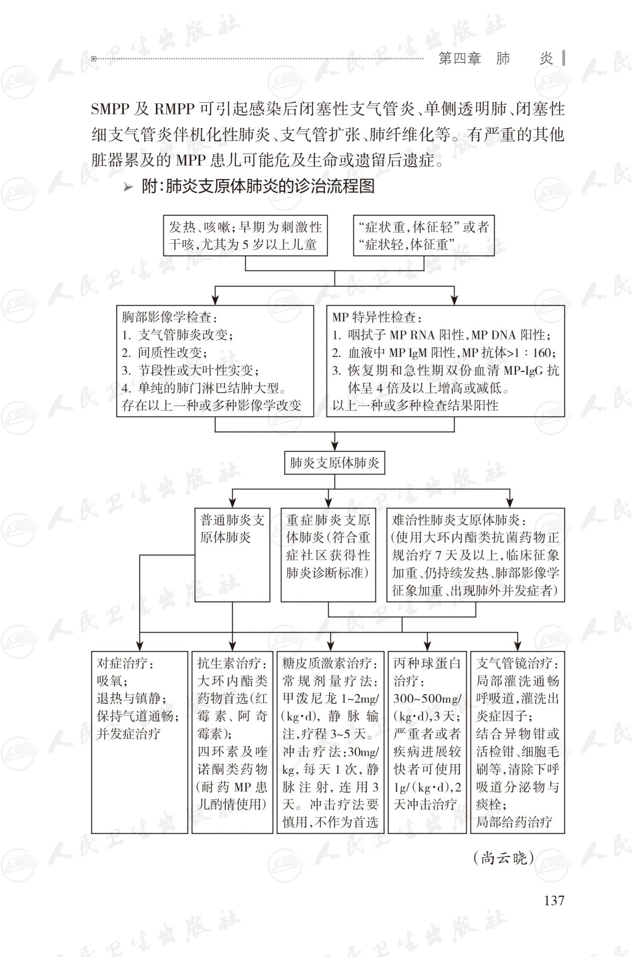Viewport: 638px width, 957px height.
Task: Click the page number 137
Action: point(554,900)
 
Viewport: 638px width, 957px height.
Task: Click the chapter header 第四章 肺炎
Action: point(495,59)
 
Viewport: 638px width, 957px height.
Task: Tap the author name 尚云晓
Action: point(503,858)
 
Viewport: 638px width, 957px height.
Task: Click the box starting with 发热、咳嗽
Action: point(244,236)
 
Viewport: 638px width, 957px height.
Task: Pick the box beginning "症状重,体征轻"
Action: point(424,236)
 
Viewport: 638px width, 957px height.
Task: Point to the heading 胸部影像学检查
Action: point(170,317)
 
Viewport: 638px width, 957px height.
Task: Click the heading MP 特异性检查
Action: point(377,317)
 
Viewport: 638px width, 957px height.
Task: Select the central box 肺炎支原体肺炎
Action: point(334,463)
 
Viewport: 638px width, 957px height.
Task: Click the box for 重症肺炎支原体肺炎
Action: point(328,547)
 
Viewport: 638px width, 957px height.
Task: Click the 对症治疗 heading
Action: point(125,663)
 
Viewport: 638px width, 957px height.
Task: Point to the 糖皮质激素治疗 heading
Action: point(330,663)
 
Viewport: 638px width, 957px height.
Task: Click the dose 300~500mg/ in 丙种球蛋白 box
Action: point(427,698)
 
